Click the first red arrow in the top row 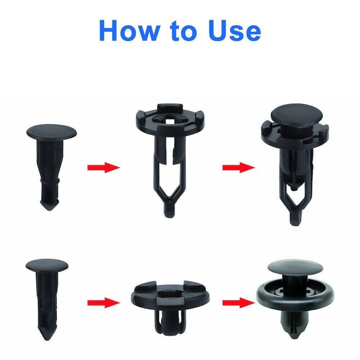(103, 167)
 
